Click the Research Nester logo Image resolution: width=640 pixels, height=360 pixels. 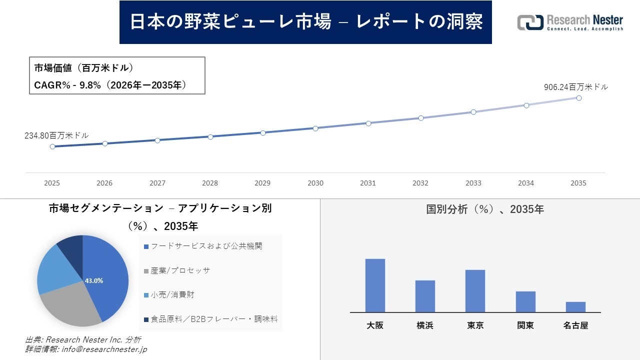[x=570, y=22]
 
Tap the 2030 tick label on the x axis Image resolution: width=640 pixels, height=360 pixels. [x=315, y=183]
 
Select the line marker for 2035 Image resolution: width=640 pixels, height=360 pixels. [x=578, y=98]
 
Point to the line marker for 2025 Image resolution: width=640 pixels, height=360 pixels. [x=52, y=146]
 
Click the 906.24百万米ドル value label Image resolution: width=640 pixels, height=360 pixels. [x=576, y=87]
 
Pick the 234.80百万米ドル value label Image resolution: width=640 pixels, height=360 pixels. [x=56, y=135]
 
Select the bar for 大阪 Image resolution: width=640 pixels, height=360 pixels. [x=375, y=285]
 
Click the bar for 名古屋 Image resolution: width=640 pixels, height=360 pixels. [x=575, y=306]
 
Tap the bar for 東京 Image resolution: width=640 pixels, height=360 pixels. [x=475, y=290]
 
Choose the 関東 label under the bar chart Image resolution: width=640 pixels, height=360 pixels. [x=525, y=325]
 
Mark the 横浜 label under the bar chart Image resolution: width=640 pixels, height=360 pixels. [x=425, y=325]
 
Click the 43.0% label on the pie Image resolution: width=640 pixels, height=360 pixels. [x=94, y=280]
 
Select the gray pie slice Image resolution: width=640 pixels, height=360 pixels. [x=70, y=305]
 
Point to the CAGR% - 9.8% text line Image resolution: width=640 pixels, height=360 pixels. [x=110, y=85]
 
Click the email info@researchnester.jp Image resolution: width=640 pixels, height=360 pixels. [x=103, y=349]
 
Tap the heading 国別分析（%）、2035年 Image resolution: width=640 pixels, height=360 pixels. [x=484, y=209]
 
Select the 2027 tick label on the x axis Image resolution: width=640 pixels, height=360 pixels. [x=157, y=183]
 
